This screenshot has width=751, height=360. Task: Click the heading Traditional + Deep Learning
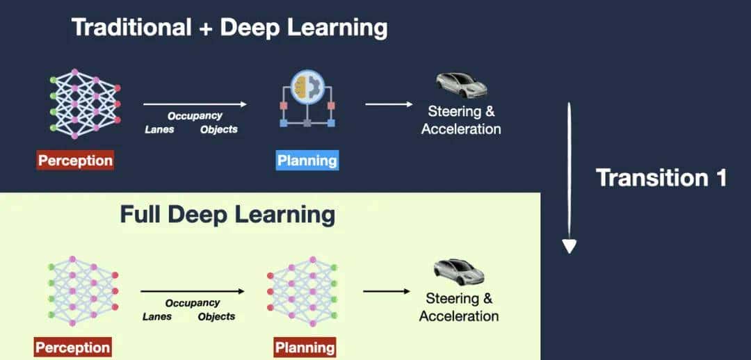(229, 28)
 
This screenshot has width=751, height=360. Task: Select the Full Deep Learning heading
(227, 214)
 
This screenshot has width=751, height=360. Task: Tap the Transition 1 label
(661, 178)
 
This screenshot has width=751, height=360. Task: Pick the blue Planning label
(307, 161)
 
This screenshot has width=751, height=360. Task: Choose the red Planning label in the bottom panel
(305, 347)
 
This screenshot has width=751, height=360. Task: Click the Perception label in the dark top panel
(75, 161)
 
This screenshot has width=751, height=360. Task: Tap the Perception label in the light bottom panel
(72, 347)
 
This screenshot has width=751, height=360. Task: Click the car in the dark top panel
(461, 84)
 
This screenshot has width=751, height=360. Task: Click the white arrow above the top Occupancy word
(195, 104)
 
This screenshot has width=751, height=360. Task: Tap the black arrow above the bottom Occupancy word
(193, 292)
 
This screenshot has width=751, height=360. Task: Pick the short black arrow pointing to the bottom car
(387, 291)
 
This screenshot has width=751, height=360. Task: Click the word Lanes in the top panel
(159, 129)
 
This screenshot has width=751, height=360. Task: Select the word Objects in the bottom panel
(216, 316)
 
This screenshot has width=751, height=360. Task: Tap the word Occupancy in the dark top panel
(195, 116)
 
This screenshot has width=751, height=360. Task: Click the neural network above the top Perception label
(85, 104)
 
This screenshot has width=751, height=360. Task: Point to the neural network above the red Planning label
(302, 291)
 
